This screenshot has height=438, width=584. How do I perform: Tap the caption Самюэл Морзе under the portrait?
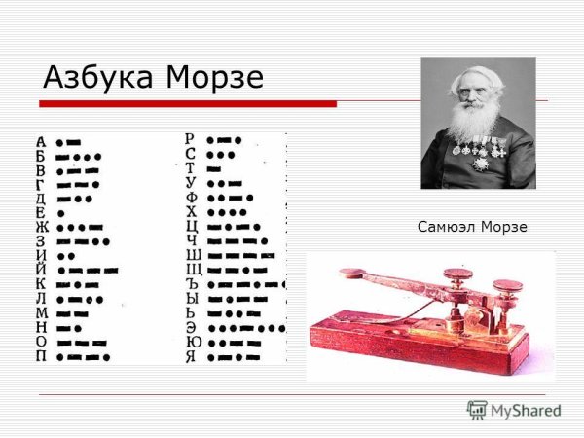[x=471, y=227]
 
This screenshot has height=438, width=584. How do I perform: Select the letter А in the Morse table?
[x=41, y=142]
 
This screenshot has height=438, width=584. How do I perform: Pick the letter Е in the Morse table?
[x=41, y=213]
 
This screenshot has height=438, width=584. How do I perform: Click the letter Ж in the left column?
[x=41, y=227]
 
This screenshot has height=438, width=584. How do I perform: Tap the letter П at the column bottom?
[x=41, y=356]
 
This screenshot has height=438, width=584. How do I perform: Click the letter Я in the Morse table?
[x=191, y=356]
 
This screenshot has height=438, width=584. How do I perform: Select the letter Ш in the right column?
[x=191, y=255]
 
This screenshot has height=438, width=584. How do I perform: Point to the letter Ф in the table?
[x=191, y=198]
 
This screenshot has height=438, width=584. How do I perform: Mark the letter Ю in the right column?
[x=191, y=343]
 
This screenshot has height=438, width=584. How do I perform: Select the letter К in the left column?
[x=41, y=284]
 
